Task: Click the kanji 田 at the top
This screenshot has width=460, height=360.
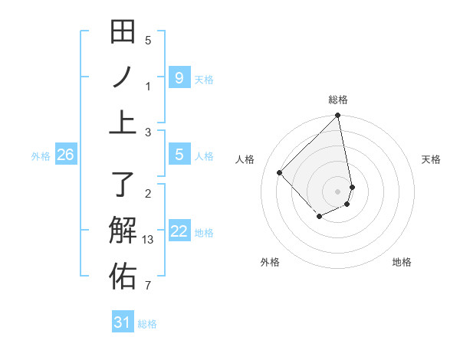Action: pos(123,32)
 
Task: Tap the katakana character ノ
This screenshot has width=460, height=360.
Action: pos(123,77)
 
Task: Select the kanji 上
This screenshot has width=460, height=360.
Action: pos(123,123)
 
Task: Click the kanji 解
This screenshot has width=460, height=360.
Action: pos(123,231)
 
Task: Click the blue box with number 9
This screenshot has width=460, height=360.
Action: pos(179,77)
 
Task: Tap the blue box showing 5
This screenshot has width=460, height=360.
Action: pos(179,155)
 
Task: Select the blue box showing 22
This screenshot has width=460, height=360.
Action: pos(179,231)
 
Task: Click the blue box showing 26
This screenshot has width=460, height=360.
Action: pos(65,155)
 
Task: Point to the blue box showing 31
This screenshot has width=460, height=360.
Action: pos(122,322)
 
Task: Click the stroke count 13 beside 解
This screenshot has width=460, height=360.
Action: pos(149,240)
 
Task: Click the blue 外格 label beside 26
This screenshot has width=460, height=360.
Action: pos(41,156)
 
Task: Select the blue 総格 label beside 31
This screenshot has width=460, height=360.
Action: pos(147,324)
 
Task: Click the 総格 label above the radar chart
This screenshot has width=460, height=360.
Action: pos(338,100)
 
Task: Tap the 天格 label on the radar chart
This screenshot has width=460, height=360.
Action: pos(432,159)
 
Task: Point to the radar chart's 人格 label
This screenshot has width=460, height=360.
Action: pos(245,159)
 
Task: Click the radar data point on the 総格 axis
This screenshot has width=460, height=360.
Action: pos(338,116)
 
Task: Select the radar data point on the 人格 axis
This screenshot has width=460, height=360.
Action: pos(280,172)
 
